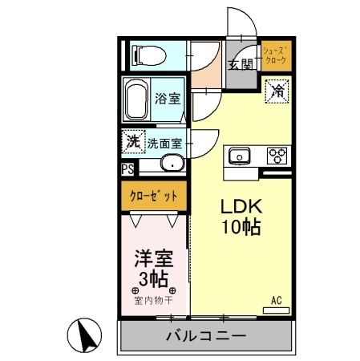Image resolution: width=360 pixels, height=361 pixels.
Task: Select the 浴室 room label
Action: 168,98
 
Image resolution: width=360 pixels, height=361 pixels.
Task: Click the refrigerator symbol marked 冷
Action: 275,91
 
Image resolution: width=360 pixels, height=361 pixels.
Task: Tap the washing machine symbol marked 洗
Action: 132,141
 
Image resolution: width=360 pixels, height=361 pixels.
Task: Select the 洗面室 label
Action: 166,144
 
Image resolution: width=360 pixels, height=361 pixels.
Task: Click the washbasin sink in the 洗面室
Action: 171,165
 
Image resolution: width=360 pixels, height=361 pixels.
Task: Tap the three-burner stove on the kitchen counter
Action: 277,155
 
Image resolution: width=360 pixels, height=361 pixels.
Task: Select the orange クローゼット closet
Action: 154,194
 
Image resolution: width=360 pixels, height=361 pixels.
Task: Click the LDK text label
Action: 240,206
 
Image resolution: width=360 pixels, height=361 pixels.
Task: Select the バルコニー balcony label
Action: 206,335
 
